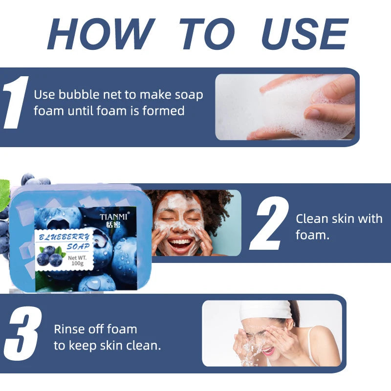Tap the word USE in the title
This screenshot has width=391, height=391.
304,34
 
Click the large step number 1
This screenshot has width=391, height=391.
16,102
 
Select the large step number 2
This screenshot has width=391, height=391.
269,223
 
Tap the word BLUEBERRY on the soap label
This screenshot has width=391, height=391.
64,237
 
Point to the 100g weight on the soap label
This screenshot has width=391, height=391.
77,263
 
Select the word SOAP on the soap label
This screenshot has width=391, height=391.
78,247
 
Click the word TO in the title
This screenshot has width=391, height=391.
207,34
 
